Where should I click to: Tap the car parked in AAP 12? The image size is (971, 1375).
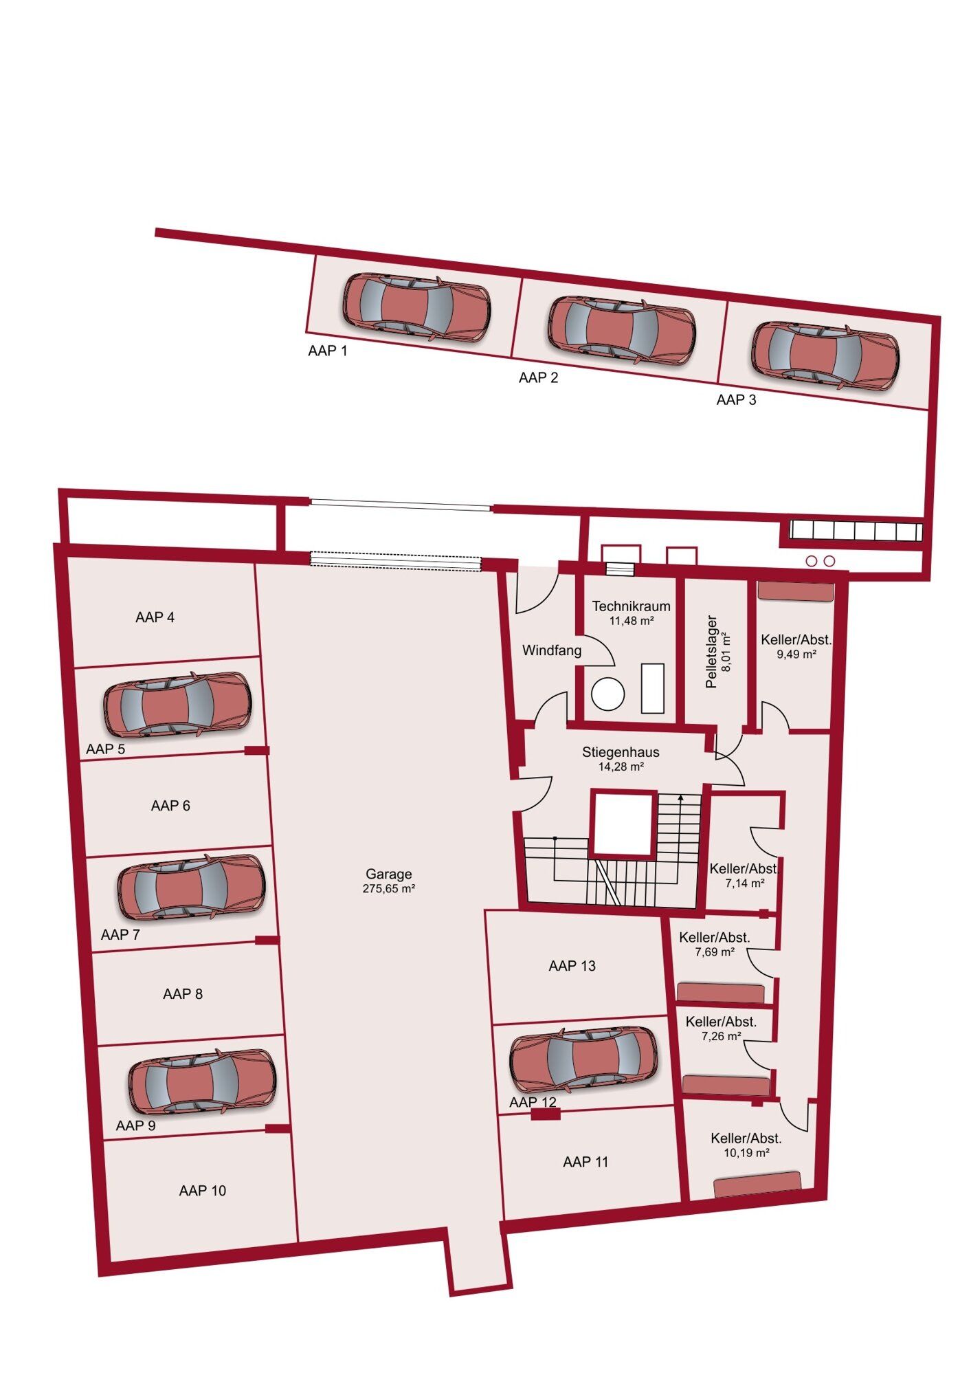(x=583, y=1059)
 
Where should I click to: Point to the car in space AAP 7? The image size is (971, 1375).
(x=191, y=887)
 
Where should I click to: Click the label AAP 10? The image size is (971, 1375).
(x=203, y=1191)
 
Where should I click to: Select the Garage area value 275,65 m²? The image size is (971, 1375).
(x=389, y=889)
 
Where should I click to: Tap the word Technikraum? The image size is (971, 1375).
(x=631, y=606)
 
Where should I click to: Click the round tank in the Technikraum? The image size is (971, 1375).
(x=607, y=694)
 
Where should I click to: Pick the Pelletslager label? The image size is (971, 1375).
(x=711, y=652)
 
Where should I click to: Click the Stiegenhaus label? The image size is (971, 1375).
(x=621, y=752)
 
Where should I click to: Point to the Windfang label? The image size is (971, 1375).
(x=552, y=650)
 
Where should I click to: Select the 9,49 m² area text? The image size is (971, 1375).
(x=796, y=654)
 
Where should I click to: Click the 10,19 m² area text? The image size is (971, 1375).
(x=746, y=1153)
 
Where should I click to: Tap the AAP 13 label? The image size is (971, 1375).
(x=572, y=966)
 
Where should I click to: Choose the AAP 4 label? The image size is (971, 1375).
(x=155, y=617)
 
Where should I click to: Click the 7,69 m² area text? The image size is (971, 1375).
(x=715, y=952)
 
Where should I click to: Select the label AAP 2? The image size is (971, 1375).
(x=539, y=377)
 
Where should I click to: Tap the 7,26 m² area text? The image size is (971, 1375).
(x=722, y=1036)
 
